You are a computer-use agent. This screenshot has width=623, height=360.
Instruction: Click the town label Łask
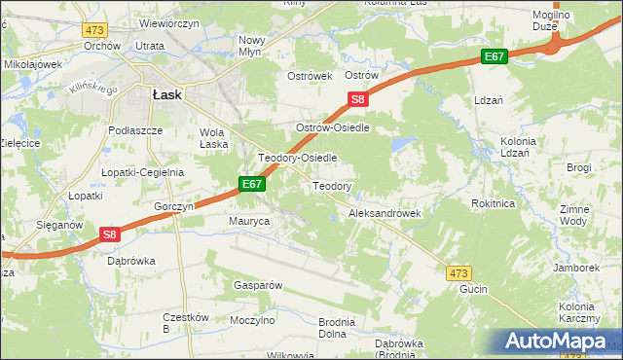166,94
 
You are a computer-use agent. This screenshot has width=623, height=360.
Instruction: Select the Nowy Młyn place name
258,46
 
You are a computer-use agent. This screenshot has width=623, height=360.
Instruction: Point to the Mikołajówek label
33,64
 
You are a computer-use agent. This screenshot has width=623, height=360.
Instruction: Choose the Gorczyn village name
175,207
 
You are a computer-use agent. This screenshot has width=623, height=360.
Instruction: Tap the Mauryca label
249,222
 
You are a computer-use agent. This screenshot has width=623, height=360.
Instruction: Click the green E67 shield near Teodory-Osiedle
252,183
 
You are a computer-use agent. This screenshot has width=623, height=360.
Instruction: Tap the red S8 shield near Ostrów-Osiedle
358,99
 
